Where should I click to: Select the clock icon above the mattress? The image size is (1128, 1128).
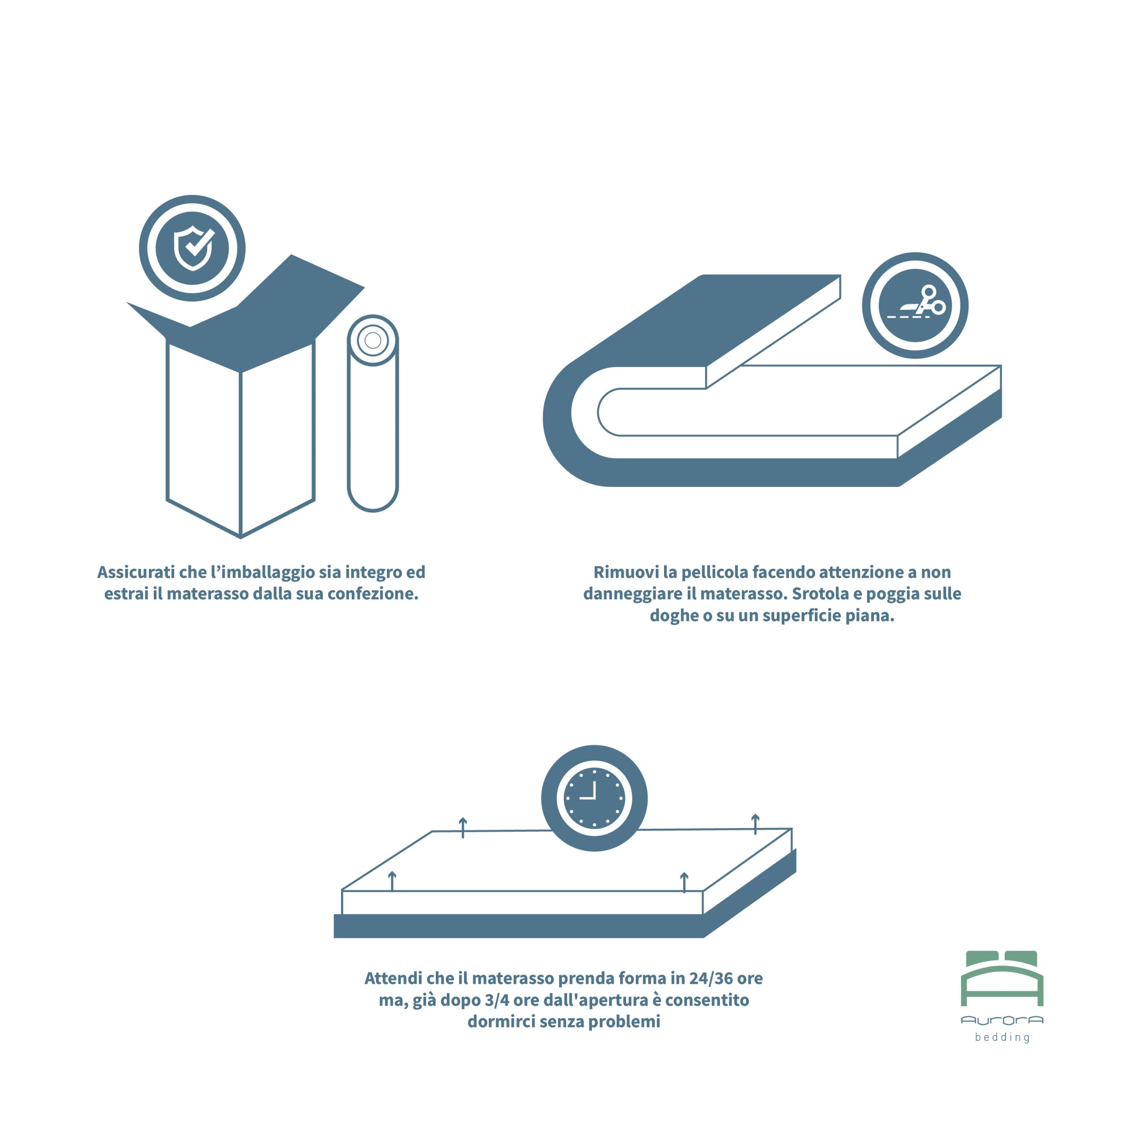pos(594,798)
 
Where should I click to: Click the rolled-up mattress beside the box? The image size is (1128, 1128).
pos(372,413)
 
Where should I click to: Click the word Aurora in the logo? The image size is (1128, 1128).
pos(1002,1020)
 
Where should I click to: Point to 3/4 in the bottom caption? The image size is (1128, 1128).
pos(497,1000)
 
